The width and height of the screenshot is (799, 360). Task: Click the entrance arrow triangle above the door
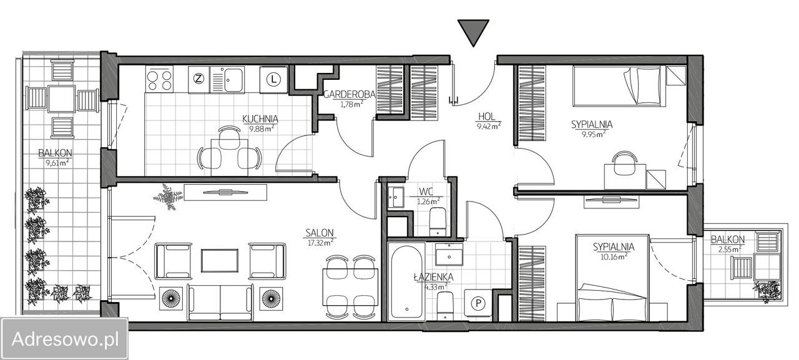[x=473, y=31]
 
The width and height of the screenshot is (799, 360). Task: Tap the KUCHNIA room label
[x=260, y=119]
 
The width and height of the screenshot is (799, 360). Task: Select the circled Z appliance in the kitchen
[x=199, y=79]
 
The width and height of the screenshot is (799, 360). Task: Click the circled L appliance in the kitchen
[x=273, y=79]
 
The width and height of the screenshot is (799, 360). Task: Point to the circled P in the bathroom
[x=478, y=303]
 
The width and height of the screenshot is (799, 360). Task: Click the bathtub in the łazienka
[x=406, y=281]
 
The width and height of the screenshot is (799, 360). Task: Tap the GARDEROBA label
[x=349, y=94]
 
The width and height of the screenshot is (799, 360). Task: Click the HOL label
[x=487, y=116]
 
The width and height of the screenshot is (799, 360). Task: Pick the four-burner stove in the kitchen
[x=159, y=79]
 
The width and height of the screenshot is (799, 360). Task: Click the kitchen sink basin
[x=233, y=79]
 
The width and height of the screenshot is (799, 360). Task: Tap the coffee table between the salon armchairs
[x=219, y=261]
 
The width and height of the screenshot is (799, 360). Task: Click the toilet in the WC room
[x=438, y=221]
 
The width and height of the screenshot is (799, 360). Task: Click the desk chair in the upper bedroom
[x=624, y=163]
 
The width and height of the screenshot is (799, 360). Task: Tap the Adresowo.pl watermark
[x=65, y=339]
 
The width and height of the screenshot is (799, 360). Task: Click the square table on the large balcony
[x=62, y=99]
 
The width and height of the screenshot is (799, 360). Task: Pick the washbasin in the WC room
[x=396, y=197]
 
